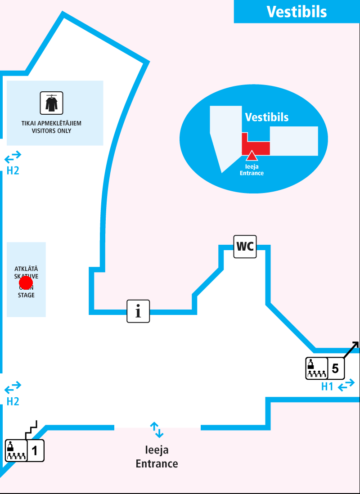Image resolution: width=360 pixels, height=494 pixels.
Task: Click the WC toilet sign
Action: click(245, 247)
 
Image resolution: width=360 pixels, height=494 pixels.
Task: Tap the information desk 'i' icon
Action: click(138, 311)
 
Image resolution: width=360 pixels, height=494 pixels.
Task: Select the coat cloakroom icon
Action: click(51, 103)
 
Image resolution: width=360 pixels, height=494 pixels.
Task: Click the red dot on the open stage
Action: click(26, 283)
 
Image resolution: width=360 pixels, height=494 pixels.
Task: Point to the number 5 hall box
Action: click(335, 369)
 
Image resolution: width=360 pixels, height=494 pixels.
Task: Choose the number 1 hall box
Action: click(36, 450)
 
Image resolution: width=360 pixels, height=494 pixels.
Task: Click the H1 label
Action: click(327, 386)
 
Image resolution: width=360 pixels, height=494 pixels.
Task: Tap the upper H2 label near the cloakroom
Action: click(13, 171)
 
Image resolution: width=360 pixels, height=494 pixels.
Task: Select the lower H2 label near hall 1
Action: click(13, 401)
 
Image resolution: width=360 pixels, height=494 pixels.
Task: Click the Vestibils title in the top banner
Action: click(297, 12)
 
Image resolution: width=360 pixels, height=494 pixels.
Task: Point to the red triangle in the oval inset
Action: click(252, 156)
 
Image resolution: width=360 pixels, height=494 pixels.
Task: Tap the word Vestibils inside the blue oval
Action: click(267, 117)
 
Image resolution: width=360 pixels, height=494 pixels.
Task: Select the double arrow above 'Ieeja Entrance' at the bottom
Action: click(157, 430)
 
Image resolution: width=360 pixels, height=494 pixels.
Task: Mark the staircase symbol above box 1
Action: click(31, 429)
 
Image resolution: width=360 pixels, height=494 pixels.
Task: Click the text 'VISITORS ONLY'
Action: click(51, 131)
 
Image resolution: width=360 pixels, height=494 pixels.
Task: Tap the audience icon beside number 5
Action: click(316, 369)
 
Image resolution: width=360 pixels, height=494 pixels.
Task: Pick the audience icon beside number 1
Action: click(16, 451)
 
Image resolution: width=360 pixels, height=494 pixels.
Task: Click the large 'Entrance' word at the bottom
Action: click(157, 463)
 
